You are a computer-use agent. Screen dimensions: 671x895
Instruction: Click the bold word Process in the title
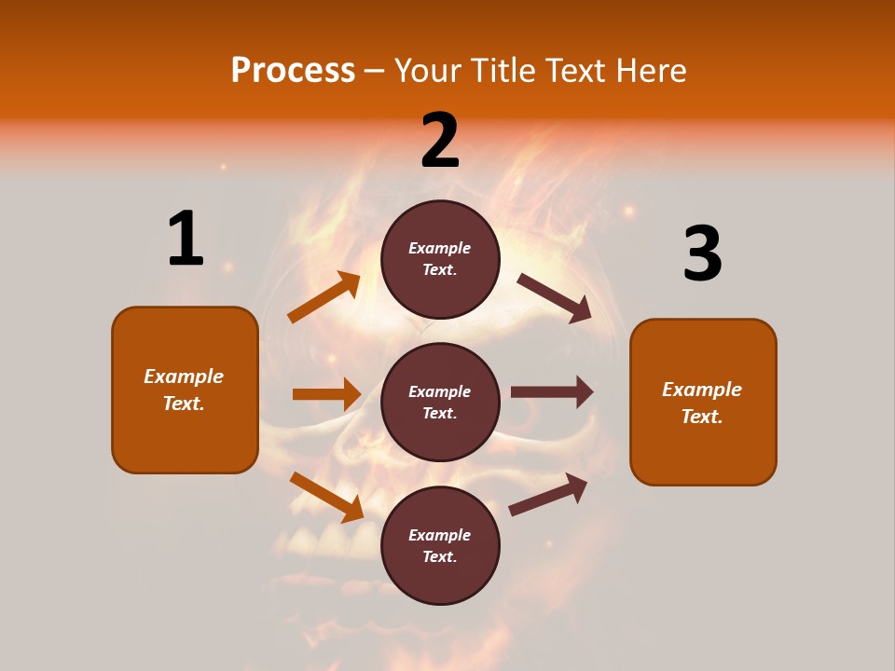[x=293, y=70]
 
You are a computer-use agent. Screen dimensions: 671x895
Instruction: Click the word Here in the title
[x=649, y=70]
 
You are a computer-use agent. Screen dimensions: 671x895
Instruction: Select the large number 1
[x=186, y=239]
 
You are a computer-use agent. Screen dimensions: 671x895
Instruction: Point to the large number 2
[x=440, y=141]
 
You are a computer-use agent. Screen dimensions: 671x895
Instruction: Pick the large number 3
[x=702, y=254]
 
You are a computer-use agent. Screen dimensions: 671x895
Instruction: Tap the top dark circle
[x=440, y=259]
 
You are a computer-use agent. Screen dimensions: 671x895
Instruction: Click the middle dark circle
[x=440, y=402]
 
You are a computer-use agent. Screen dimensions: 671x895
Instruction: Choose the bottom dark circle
[x=440, y=545]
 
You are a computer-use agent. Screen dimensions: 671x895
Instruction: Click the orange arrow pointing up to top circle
[x=324, y=297]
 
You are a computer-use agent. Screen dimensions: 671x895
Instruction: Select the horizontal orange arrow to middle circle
[x=326, y=394]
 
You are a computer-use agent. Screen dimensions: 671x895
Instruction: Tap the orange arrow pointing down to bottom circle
[x=326, y=497]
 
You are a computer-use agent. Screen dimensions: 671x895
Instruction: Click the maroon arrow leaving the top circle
[x=554, y=297]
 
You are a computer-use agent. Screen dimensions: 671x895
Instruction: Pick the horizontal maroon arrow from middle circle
[x=551, y=392]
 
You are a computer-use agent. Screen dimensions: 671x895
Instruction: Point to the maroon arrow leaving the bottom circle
[x=548, y=495]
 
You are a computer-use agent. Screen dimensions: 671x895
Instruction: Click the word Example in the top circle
[x=440, y=248]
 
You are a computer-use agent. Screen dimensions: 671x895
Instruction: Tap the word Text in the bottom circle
[x=438, y=556]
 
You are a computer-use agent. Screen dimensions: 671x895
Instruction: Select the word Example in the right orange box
[x=702, y=390]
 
